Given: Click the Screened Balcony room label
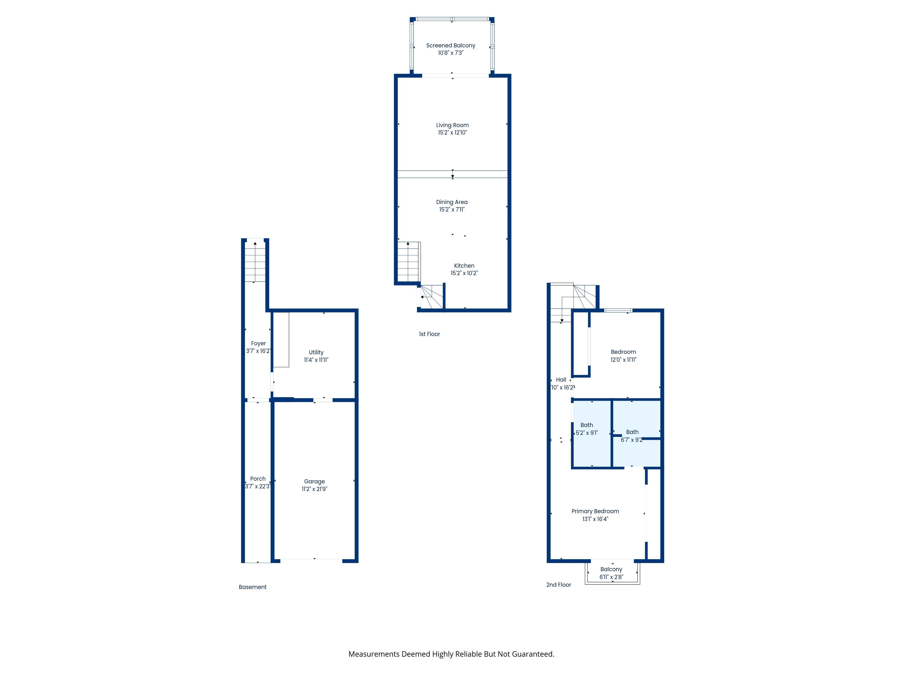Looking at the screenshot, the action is pos(451,45).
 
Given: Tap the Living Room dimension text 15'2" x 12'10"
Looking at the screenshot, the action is pos(452,133).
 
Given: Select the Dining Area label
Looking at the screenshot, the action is pos(452,202).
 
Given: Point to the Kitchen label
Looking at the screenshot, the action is pos(464,266).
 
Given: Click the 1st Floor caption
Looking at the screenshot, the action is pos(429,334).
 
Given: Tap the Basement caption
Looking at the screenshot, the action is pos(253,587).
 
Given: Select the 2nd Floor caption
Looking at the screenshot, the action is pos(559,585).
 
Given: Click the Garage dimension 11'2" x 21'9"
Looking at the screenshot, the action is pos(314,489).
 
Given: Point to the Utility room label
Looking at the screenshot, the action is pos(316,352).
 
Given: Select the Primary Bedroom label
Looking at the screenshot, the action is pos(595,511).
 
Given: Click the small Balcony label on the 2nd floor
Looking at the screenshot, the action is pos(611,569).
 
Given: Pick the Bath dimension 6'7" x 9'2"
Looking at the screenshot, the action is pos(631,440).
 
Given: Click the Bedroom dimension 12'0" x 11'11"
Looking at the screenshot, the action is pos(623,359).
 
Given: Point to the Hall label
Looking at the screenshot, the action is pos(561,380).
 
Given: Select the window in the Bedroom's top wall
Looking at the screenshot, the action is pos(618,311).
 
